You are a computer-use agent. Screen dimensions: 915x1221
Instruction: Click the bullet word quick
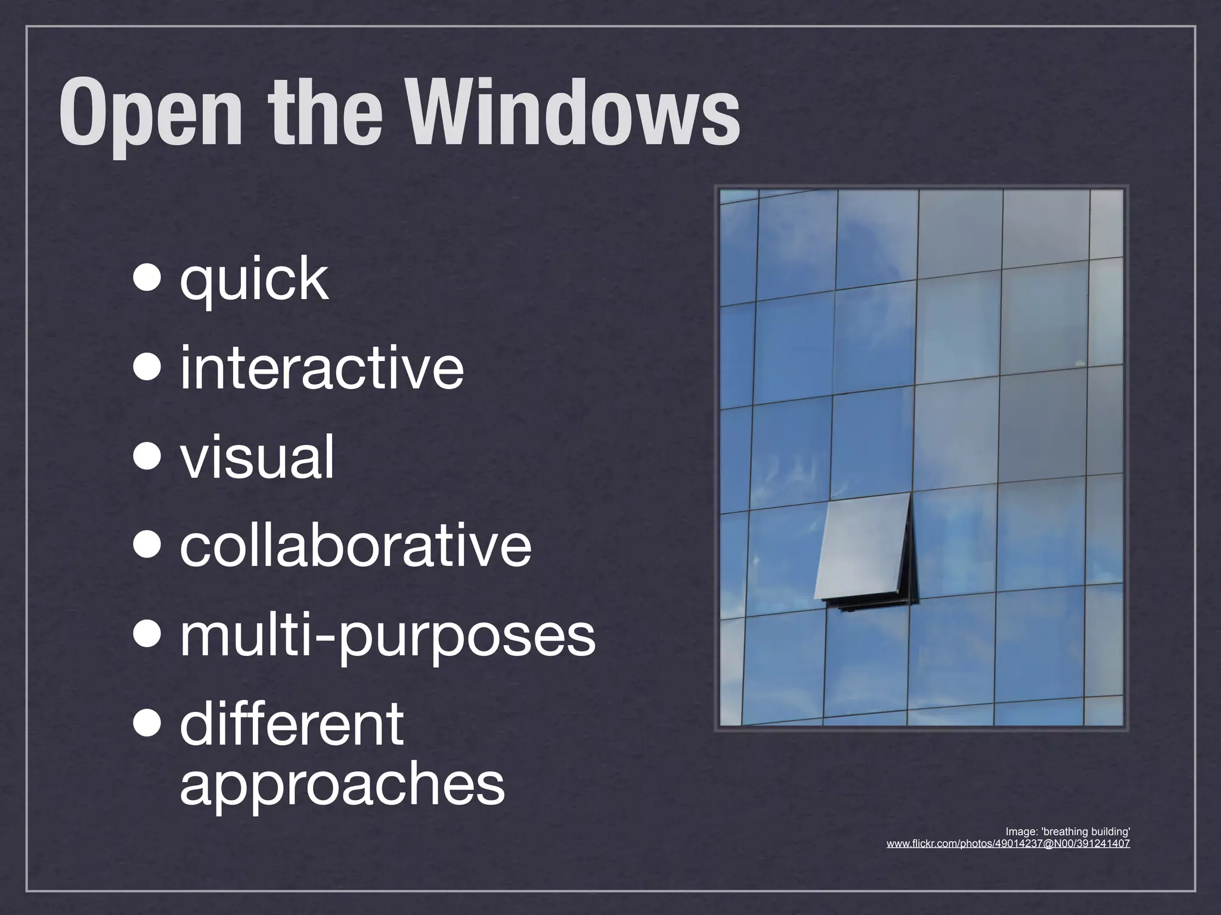pyautogui.click(x=254, y=279)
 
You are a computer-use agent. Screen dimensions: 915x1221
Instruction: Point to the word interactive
pyautogui.click(x=321, y=368)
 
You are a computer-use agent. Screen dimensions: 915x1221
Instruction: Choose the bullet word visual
pyautogui.click(x=258, y=457)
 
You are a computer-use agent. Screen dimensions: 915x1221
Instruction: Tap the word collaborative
pyautogui.click(x=355, y=545)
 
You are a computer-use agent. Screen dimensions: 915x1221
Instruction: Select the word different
pyautogui.click(x=292, y=724)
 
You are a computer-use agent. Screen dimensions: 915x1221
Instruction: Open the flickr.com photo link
pyautogui.click(x=1008, y=844)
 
